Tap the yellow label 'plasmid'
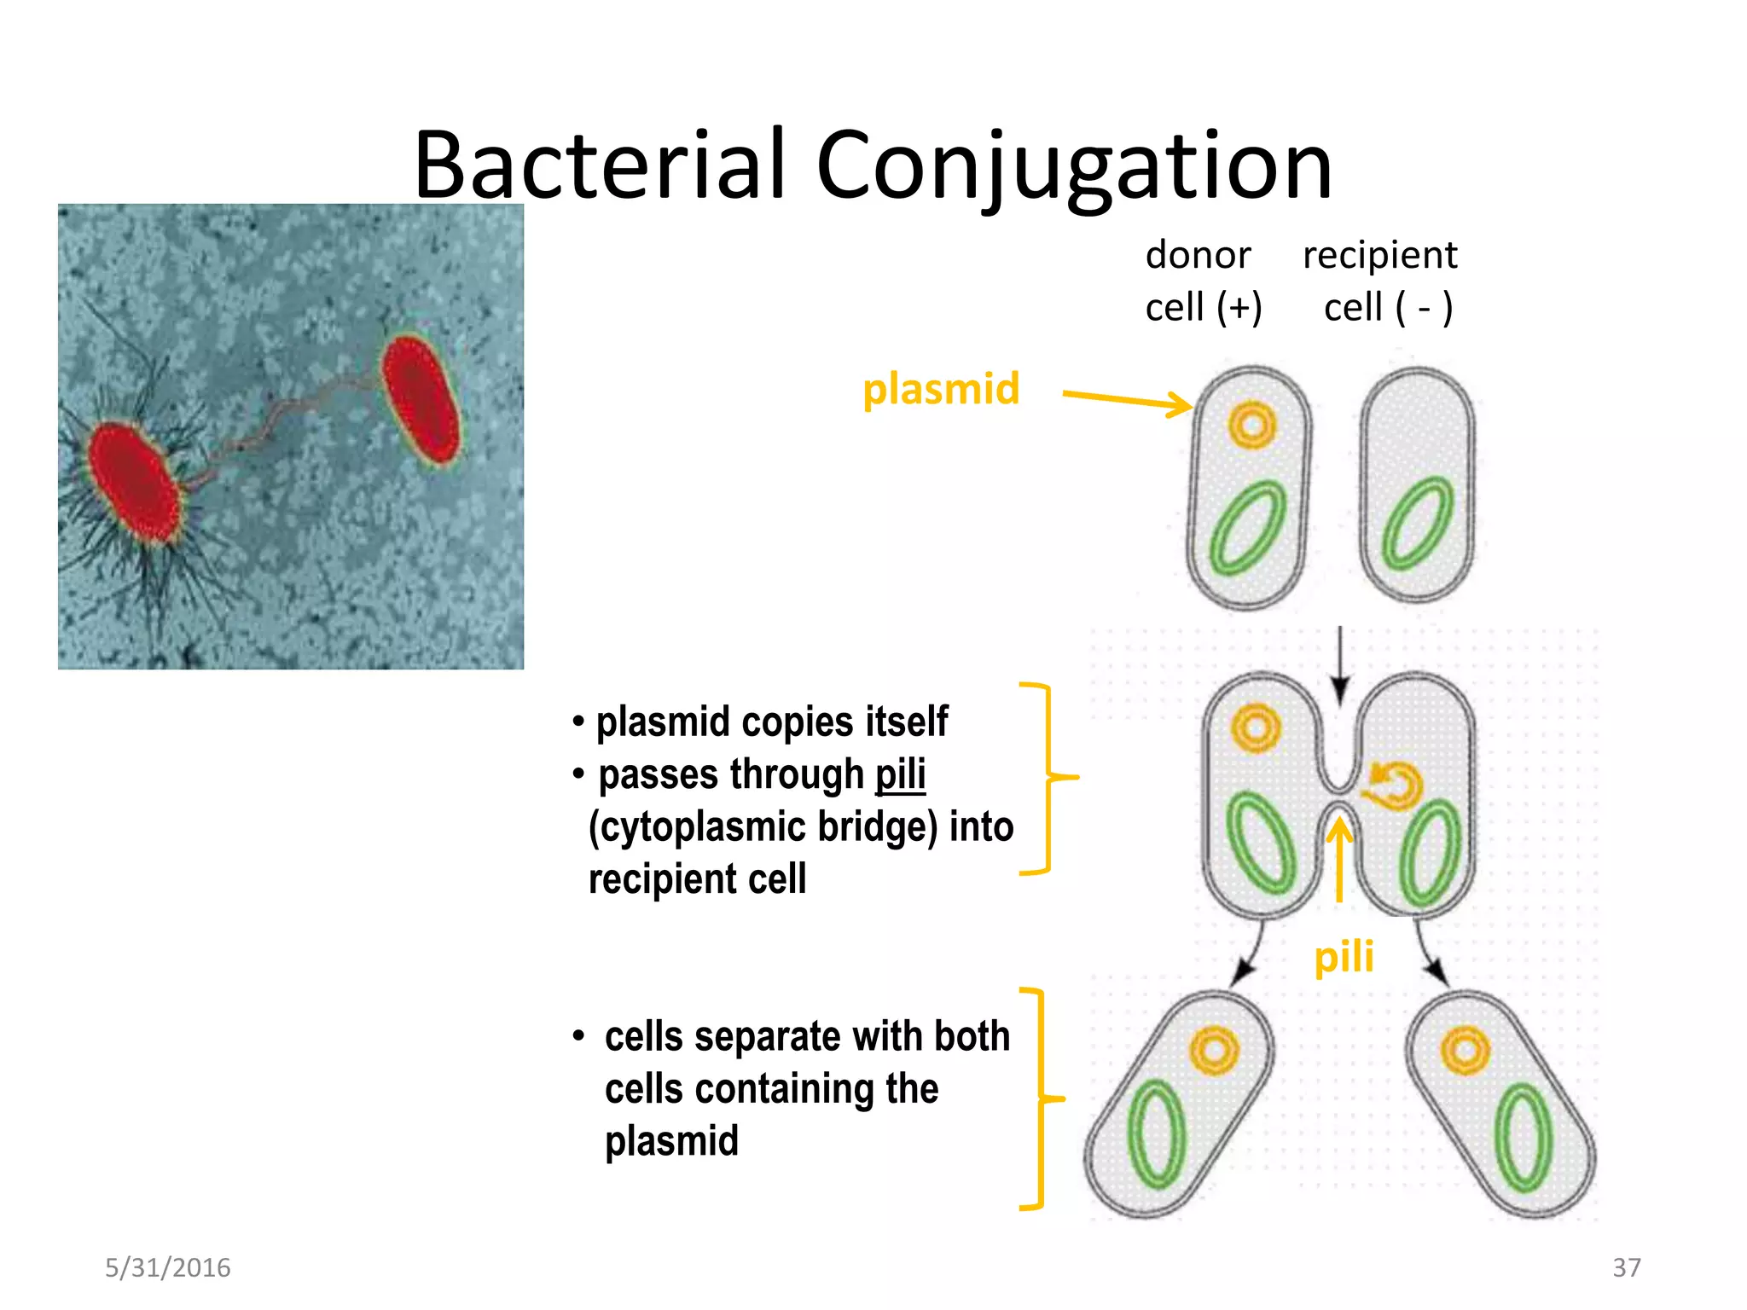[x=941, y=389]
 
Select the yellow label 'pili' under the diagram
[x=1344, y=956]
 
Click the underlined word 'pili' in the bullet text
[x=900, y=774]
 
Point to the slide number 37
[x=1626, y=1267]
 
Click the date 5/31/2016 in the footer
[x=167, y=1267]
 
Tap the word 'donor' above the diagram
[x=1198, y=255]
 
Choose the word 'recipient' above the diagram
[x=1379, y=255]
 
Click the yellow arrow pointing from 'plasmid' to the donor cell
[x=1126, y=399]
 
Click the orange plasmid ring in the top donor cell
[x=1251, y=425]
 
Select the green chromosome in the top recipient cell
[x=1417, y=523]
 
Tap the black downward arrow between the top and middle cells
[x=1340, y=665]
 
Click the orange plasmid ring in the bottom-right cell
[x=1465, y=1051]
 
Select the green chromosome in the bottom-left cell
[x=1156, y=1134]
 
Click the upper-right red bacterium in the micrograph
[x=421, y=399]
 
